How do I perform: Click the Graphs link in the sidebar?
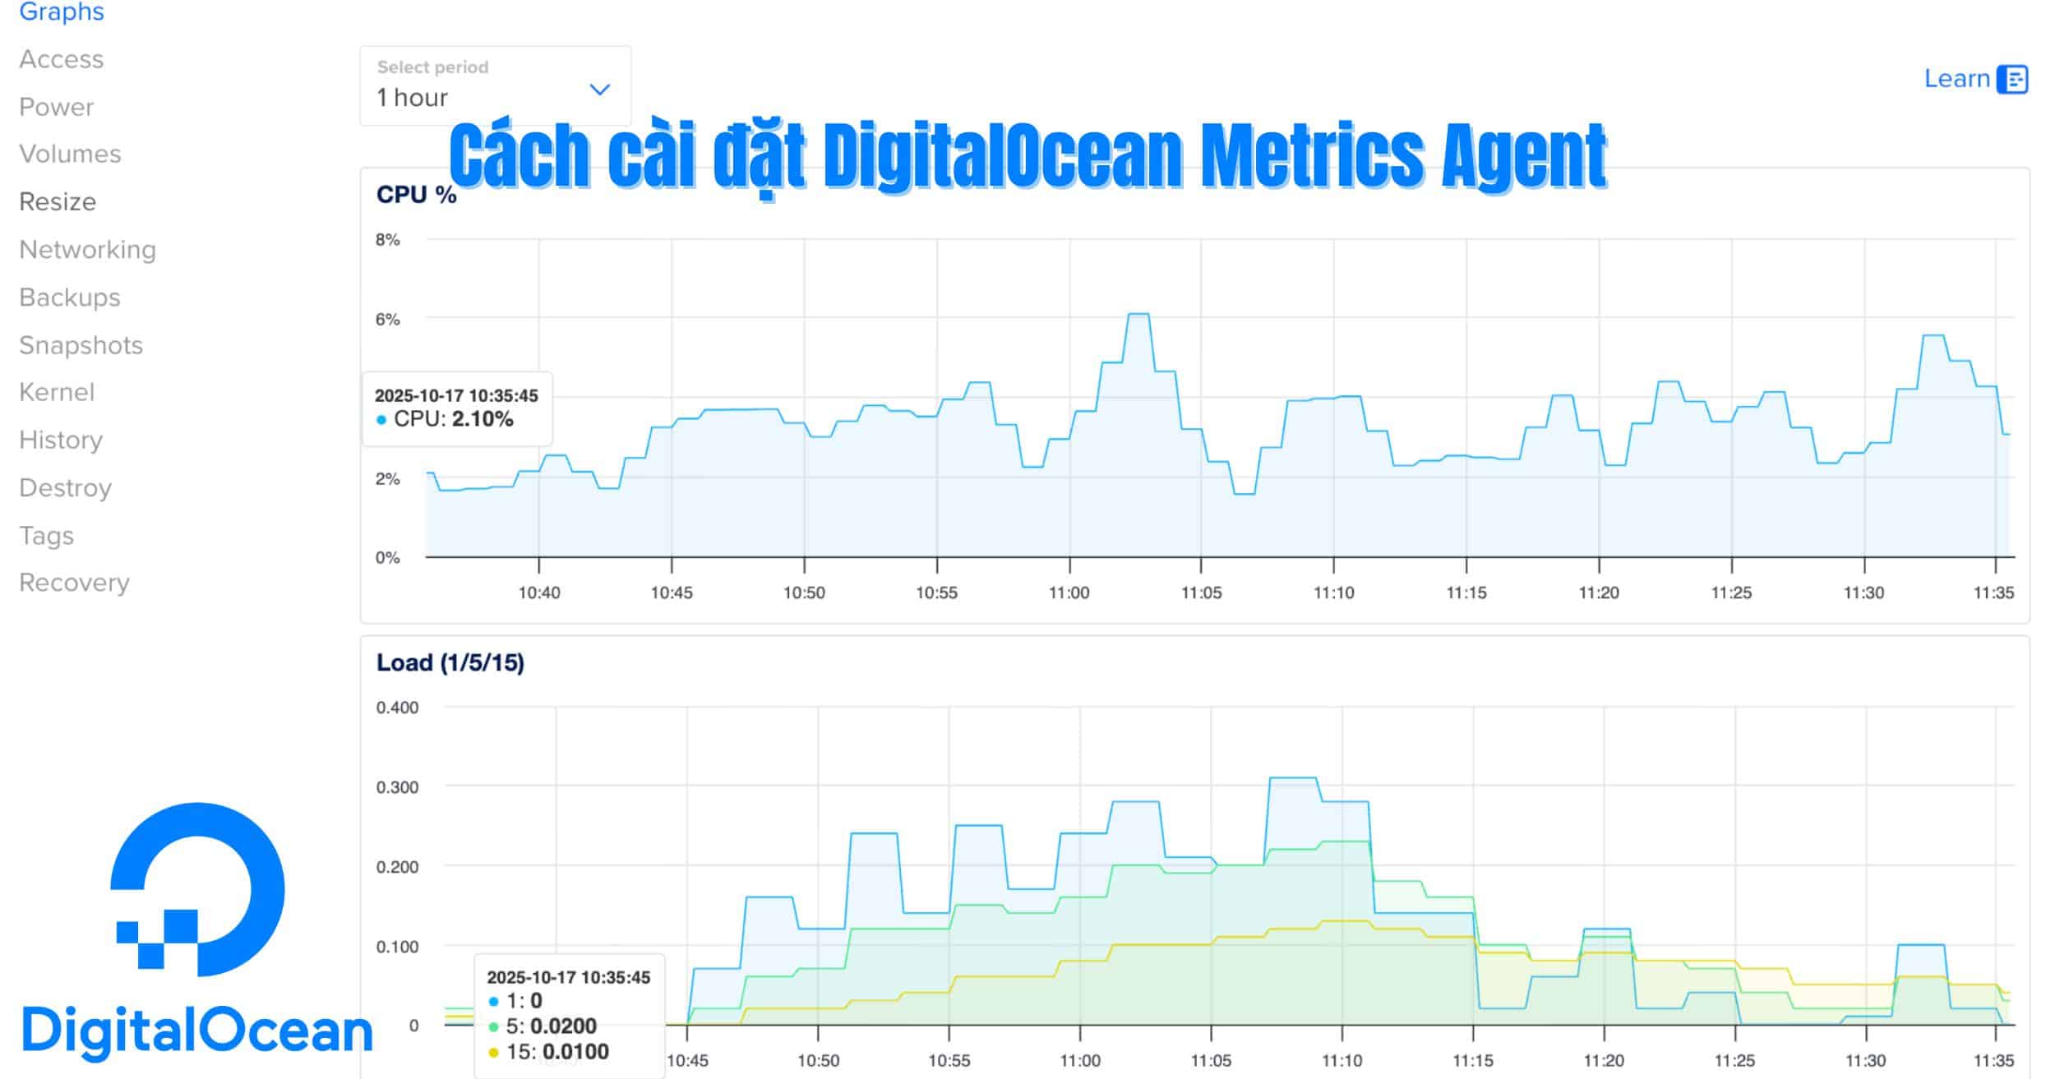tap(62, 12)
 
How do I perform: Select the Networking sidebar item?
tap(87, 250)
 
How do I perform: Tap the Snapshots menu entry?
tap(81, 345)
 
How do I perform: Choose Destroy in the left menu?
tap(65, 488)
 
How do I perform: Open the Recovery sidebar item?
tap(74, 583)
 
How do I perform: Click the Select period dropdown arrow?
tap(600, 90)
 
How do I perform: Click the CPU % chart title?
tap(416, 195)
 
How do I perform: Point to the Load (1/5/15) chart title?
tap(450, 662)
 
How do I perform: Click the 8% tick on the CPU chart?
tap(387, 240)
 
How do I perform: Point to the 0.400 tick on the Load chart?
tap(397, 708)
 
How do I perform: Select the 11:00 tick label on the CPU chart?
tap(1069, 593)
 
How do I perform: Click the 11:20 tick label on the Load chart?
tap(1604, 1060)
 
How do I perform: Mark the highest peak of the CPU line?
tap(1138, 314)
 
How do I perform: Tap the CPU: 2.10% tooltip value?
tap(483, 419)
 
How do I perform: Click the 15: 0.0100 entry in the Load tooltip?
tap(556, 1052)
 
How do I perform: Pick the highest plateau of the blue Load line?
tap(1293, 777)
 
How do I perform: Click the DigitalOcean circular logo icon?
tap(197, 889)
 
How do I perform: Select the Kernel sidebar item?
tap(57, 393)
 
